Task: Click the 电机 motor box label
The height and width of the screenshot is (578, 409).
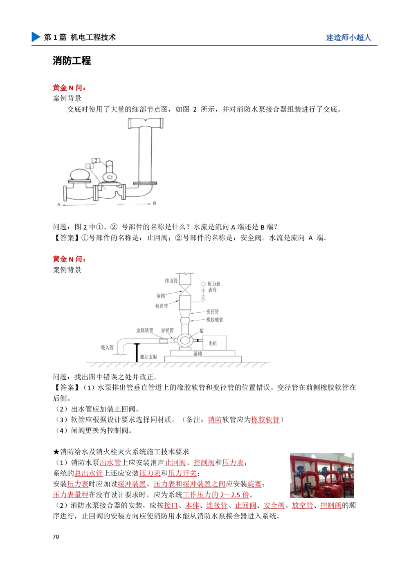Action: (x=213, y=343)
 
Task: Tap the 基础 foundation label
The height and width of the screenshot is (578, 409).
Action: (x=198, y=354)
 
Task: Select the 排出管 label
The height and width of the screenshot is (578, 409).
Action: (x=171, y=281)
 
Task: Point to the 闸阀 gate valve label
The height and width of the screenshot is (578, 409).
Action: (x=160, y=296)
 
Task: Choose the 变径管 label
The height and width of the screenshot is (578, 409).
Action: (x=212, y=312)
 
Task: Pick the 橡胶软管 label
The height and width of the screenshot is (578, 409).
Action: (x=215, y=320)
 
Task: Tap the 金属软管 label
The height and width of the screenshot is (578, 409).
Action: (x=144, y=330)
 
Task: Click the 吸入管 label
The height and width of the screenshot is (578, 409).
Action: (x=107, y=347)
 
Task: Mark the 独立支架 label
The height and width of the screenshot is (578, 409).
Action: (x=148, y=357)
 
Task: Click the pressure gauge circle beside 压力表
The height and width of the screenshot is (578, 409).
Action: (x=203, y=284)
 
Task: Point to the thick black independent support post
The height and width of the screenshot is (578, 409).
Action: (x=137, y=353)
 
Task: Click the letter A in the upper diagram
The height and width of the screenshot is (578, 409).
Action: (x=59, y=203)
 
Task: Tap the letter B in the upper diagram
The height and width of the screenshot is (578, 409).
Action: (x=155, y=203)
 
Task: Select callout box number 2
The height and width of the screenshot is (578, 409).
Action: (x=94, y=160)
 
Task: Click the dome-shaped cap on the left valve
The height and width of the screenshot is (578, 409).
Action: (x=80, y=174)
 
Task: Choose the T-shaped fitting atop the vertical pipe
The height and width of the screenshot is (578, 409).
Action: (x=146, y=122)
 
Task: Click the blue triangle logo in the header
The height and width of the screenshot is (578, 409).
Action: (x=35, y=36)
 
